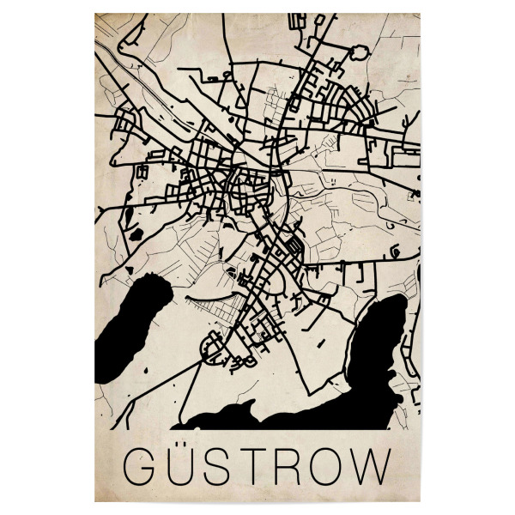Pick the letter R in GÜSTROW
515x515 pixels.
click(x=301, y=468)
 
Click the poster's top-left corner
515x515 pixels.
click(x=95, y=13)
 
